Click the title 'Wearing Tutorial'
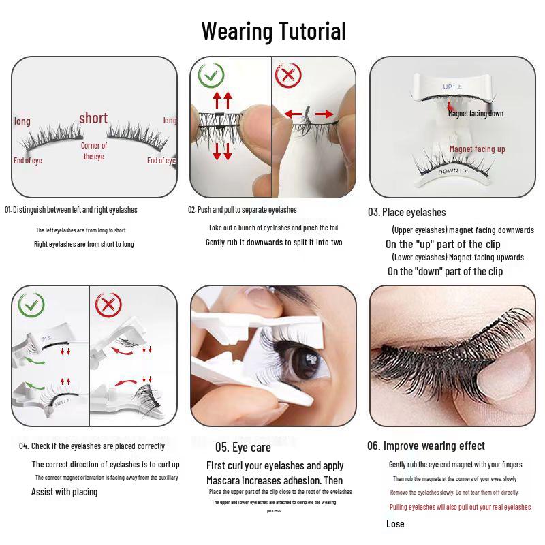(273, 31)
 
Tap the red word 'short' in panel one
(93, 119)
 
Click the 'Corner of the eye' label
(94, 151)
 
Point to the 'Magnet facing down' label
(476, 114)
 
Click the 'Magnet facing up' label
(477, 149)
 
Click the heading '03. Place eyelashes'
(407, 213)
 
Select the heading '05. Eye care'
(243, 448)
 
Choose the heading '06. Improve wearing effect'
(426, 446)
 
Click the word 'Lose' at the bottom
(395, 524)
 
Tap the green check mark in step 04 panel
(31, 305)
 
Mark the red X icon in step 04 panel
(107, 305)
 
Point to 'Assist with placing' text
(64, 492)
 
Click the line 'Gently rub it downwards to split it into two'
(274, 243)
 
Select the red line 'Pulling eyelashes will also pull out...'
(460, 507)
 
